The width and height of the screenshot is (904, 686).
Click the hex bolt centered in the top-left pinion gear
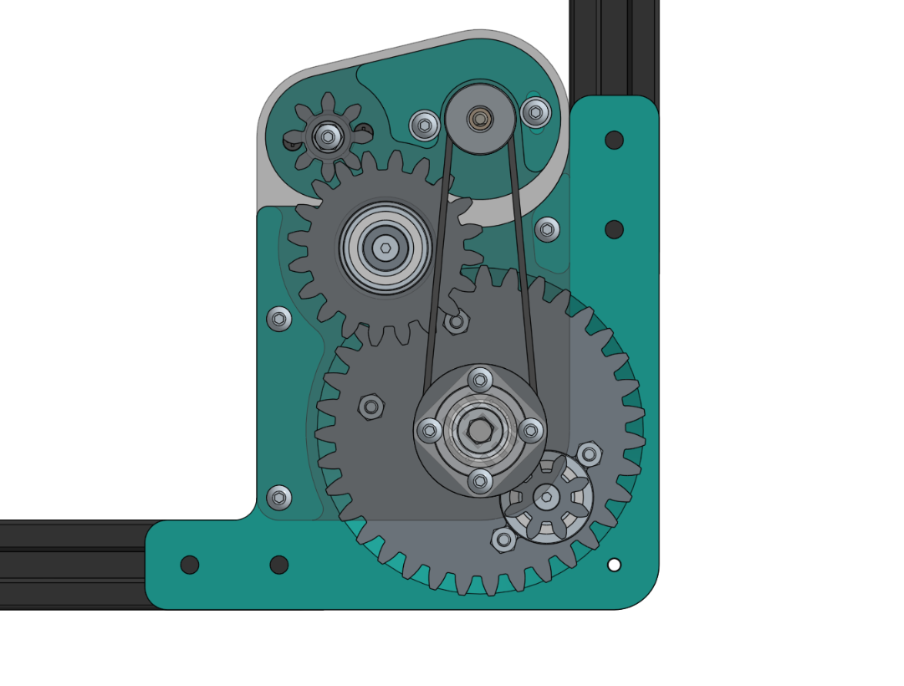click(x=328, y=136)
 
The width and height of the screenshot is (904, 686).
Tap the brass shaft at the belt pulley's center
click(x=479, y=120)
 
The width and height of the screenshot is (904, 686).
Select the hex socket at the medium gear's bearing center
click(x=385, y=247)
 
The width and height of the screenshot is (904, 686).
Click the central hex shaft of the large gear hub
click(x=479, y=430)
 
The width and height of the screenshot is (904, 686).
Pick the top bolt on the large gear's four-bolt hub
click(x=479, y=381)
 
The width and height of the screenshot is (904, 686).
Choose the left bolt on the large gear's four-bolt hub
click(x=429, y=431)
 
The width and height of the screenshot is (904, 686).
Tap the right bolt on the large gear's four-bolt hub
click(x=530, y=431)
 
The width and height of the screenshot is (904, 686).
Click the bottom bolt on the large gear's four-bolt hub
click(x=479, y=481)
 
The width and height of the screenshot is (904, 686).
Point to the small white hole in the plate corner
click(x=614, y=565)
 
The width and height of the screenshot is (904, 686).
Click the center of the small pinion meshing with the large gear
click(x=546, y=498)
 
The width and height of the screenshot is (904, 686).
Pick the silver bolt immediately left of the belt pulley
click(x=425, y=125)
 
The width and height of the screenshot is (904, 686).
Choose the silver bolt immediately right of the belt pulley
click(x=535, y=111)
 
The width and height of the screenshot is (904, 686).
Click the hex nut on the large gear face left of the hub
click(x=371, y=407)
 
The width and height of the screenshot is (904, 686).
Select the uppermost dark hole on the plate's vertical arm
click(x=614, y=140)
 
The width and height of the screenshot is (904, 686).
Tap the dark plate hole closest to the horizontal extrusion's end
click(x=190, y=565)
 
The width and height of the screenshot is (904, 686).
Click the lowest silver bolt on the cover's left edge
click(x=279, y=498)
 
